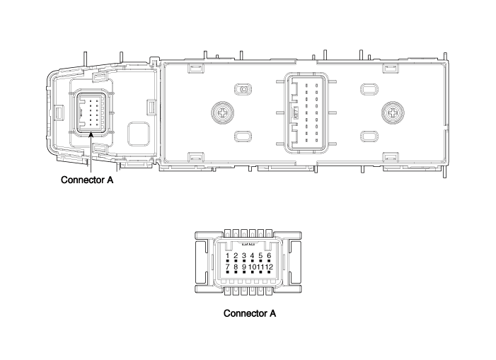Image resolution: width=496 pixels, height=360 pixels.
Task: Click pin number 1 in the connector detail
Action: (227, 255)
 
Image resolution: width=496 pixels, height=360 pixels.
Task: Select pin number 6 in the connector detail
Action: (269, 255)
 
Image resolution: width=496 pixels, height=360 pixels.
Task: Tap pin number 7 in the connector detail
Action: (227, 267)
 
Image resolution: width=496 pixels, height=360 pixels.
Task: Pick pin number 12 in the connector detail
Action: (269, 267)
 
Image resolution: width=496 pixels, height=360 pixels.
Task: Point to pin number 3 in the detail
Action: (244, 255)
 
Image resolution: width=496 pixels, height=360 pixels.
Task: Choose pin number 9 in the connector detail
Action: (244, 267)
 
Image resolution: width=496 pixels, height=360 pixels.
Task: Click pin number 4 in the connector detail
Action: (252, 255)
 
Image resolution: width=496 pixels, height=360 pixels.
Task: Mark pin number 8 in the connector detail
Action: (236, 267)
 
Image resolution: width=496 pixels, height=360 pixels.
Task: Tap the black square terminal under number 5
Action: (260, 261)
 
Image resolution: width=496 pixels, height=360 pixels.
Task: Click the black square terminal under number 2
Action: (236, 261)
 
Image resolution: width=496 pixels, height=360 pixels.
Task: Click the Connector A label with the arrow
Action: (87, 180)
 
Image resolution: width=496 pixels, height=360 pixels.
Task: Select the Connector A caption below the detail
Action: (250, 313)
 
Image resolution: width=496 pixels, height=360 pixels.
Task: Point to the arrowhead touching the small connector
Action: (91, 134)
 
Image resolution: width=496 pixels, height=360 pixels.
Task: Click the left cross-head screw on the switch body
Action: (223, 112)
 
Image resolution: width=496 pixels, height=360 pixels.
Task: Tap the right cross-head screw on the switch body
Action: (393, 112)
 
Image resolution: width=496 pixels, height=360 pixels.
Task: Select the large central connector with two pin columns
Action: (306, 113)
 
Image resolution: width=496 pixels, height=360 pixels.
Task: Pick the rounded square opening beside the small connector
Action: (139, 134)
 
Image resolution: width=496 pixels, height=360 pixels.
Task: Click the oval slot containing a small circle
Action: (243, 89)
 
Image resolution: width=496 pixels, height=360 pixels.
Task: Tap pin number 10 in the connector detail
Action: (252, 267)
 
